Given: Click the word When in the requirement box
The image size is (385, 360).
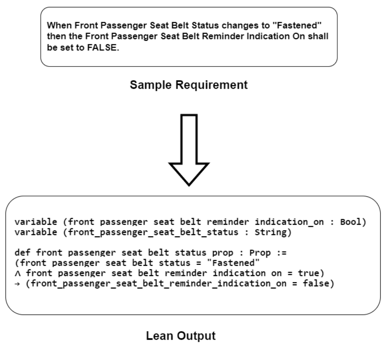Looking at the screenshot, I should pyautogui.click(x=58, y=26).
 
